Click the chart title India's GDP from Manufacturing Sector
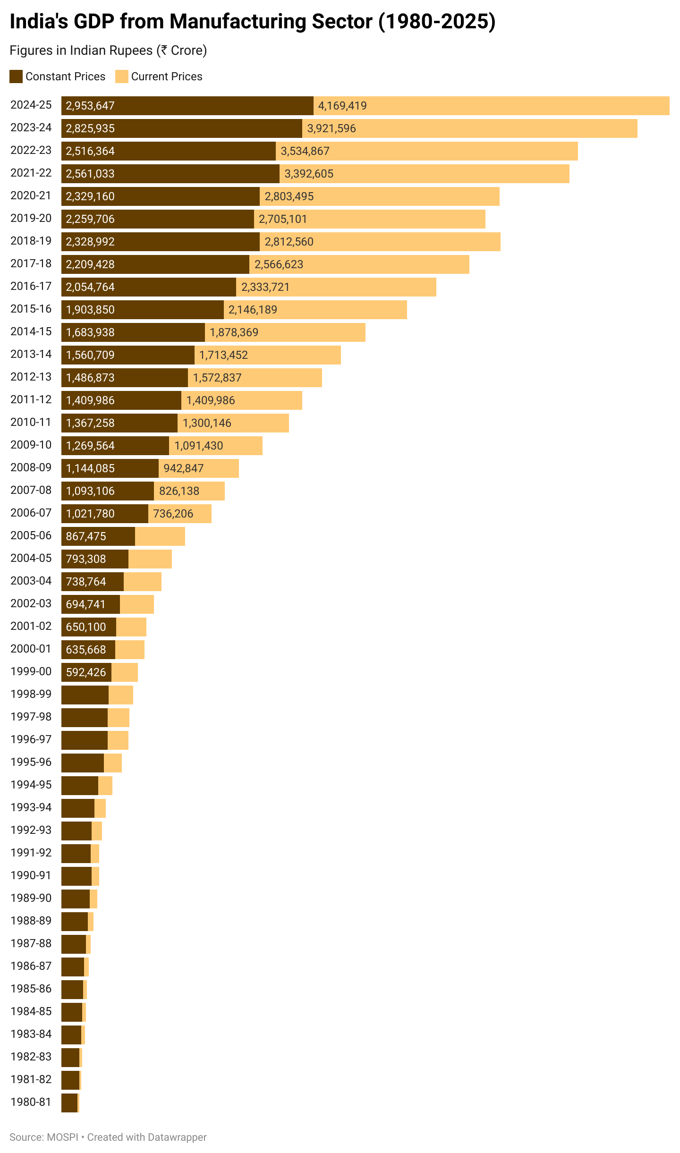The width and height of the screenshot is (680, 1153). (252, 22)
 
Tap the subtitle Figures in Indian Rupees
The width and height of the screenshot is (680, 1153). (108, 51)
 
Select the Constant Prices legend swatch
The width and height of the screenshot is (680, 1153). (16, 76)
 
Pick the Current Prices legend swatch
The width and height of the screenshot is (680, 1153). (122, 76)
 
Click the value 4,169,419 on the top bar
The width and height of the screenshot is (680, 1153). (342, 106)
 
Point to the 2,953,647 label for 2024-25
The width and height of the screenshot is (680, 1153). (90, 106)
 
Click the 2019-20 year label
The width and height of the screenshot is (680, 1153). (31, 218)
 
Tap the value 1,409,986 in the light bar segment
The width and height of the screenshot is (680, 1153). (211, 400)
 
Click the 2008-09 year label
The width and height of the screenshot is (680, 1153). (31, 467)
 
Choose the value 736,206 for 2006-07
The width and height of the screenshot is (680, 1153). (173, 514)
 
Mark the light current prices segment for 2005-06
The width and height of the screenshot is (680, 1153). (160, 536)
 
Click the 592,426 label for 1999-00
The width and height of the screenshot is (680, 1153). (86, 672)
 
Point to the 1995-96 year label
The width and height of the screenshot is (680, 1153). (31, 762)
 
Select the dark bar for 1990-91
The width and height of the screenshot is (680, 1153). (76, 876)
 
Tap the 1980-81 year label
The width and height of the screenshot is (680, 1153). (31, 1102)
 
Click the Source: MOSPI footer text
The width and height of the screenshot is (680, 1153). (44, 1137)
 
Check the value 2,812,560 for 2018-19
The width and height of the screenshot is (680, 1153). (289, 242)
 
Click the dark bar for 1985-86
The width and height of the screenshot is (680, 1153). (72, 990)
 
